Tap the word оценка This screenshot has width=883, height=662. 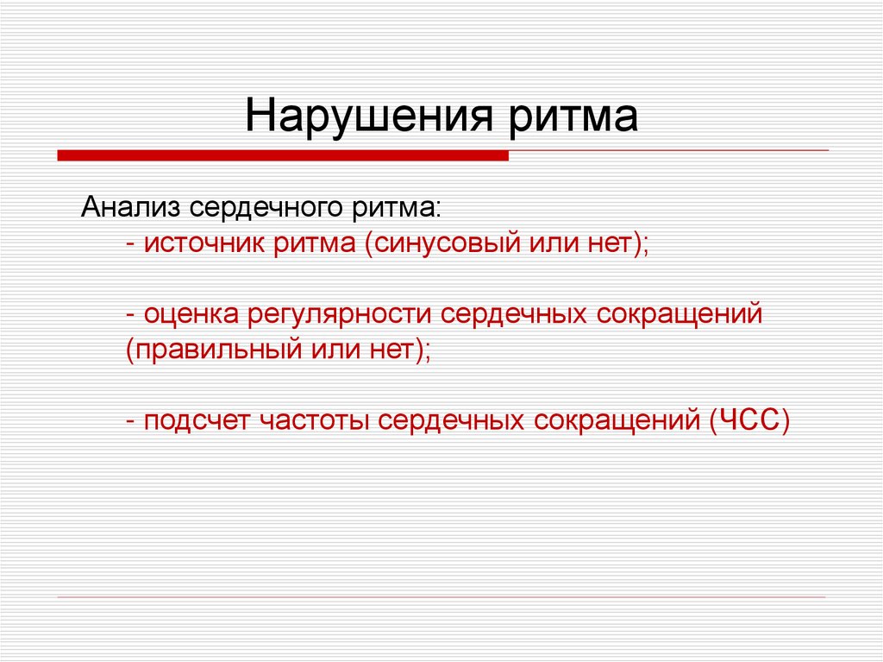click(x=191, y=314)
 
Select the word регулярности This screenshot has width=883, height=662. click(x=341, y=314)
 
